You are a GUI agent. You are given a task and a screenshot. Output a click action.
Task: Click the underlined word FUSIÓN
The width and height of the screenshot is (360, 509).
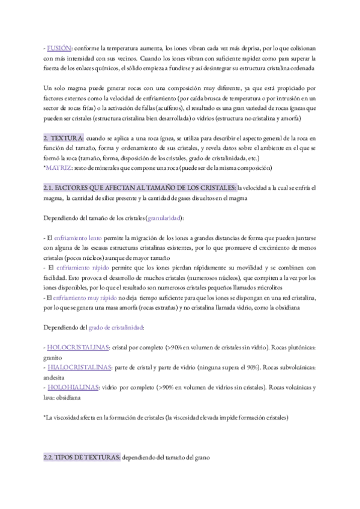click(x=60, y=47)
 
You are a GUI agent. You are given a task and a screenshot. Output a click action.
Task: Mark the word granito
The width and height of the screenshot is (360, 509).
click(x=53, y=357)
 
